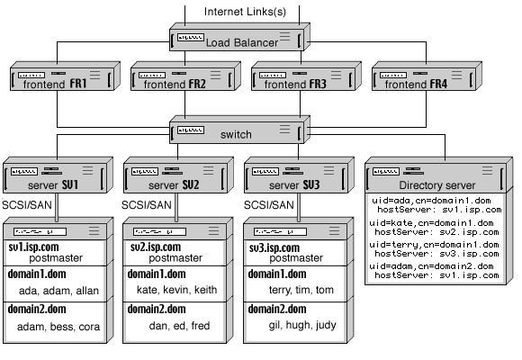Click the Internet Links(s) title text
click(x=245, y=11)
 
